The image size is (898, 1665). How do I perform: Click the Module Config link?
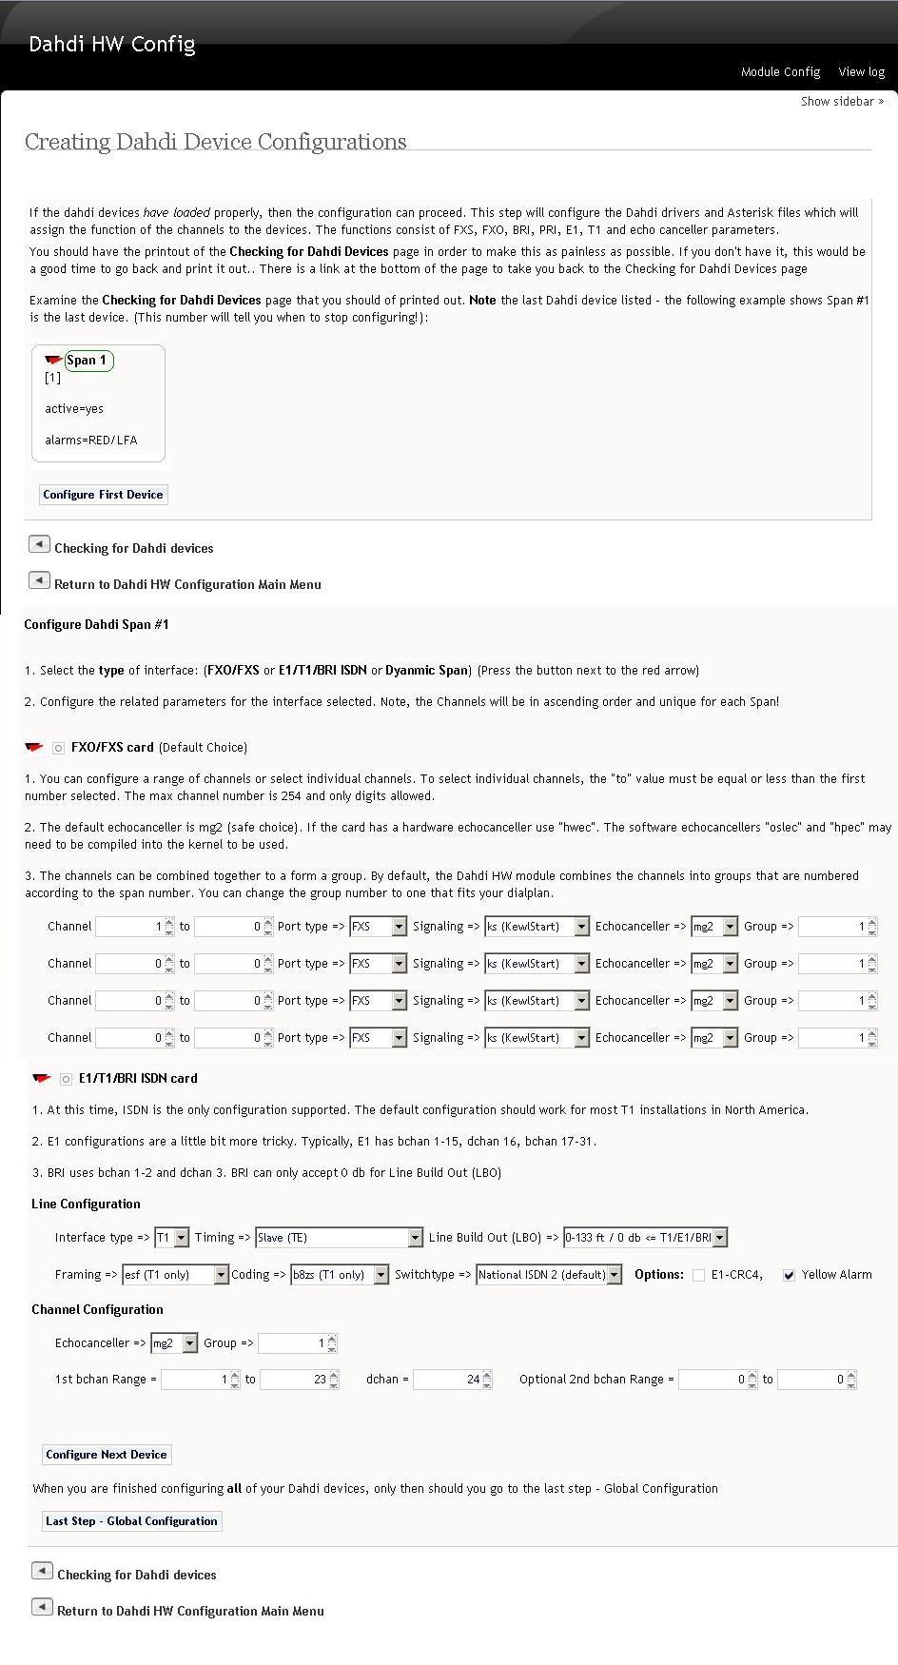(780, 72)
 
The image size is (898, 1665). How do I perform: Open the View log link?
(861, 72)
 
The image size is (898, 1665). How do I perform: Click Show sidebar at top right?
(842, 102)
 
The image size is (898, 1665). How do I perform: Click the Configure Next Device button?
(107, 1455)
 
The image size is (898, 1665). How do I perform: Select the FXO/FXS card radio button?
(59, 749)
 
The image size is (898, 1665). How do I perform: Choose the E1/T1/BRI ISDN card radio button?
(66, 1079)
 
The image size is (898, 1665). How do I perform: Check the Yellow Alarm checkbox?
(789, 1275)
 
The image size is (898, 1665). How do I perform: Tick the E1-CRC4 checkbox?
(699, 1275)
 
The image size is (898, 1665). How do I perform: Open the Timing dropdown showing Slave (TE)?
(339, 1238)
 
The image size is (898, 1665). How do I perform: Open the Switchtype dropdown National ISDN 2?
(549, 1275)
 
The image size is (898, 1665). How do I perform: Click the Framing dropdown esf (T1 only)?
(175, 1275)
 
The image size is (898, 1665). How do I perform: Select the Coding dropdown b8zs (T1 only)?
(340, 1275)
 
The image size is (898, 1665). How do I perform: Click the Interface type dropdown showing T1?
(172, 1238)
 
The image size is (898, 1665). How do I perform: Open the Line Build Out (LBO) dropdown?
(645, 1238)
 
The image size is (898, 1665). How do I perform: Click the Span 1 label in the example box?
(87, 361)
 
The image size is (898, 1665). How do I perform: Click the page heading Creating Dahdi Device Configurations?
(216, 142)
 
